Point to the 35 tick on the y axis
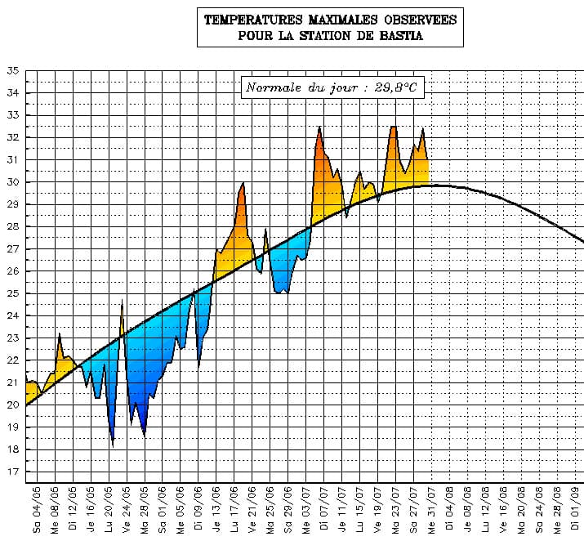point(12,71)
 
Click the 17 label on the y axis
point(12,472)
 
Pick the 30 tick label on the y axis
point(12,182)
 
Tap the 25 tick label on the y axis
point(12,293)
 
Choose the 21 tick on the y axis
point(12,382)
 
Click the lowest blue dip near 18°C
point(113,441)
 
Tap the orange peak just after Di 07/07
point(320,131)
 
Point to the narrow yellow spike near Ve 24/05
point(122,306)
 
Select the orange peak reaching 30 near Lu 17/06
point(243,186)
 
